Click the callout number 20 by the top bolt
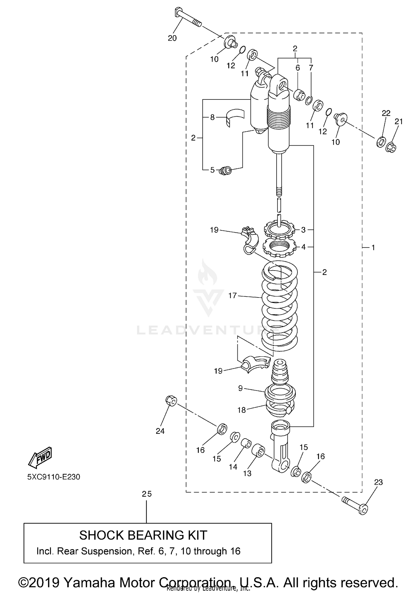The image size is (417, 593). pyautogui.click(x=172, y=38)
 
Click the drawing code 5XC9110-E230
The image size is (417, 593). pyautogui.click(x=54, y=477)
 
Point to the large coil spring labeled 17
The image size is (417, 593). pyautogui.click(x=280, y=306)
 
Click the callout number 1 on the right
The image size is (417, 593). pyautogui.click(x=373, y=247)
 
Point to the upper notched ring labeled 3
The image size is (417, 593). pyautogui.click(x=279, y=229)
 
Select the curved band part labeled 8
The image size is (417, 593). pyautogui.click(x=235, y=117)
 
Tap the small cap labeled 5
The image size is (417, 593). pyautogui.click(x=226, y=170)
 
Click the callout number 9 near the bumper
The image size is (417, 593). pyautogui.click(x=240, y=388)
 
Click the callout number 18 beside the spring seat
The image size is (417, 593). pyautogui.click(x=242, y=410)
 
